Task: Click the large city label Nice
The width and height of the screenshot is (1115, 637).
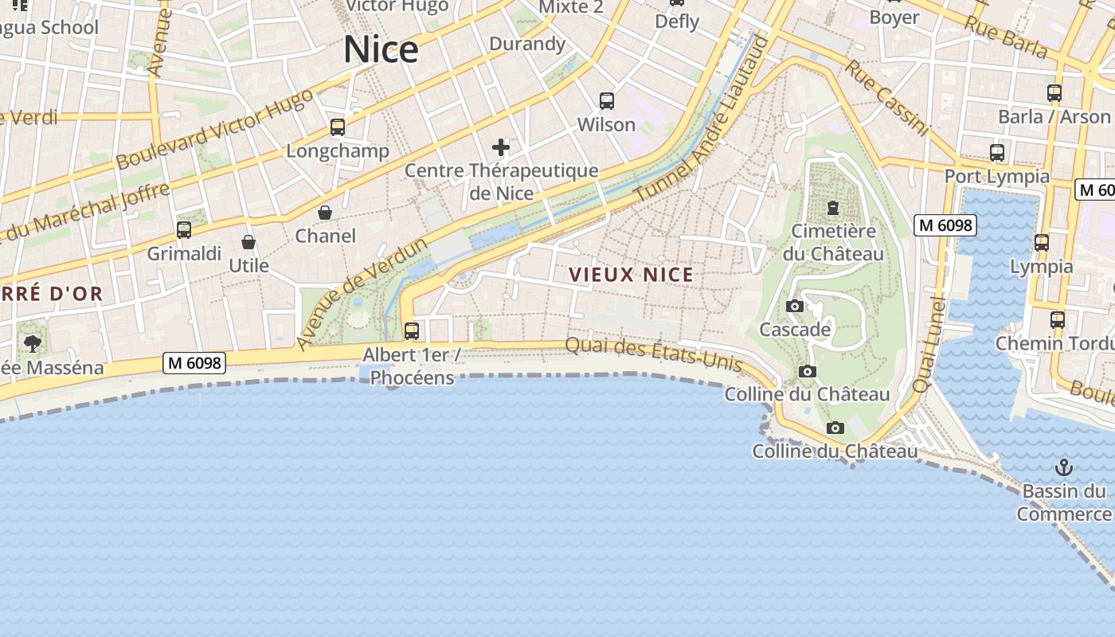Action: tap(381, 49)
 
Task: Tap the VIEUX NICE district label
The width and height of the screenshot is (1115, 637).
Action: tap(631, 275)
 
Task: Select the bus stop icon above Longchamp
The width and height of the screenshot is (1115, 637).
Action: tap(338, 127)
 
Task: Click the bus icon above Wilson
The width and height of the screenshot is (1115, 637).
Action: tap(607, 101)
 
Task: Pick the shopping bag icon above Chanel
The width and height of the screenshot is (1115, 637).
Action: tap(325, 213)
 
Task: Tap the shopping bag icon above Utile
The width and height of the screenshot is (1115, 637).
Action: tap(248, 242)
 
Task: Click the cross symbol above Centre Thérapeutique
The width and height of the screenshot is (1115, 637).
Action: tap(501, 147)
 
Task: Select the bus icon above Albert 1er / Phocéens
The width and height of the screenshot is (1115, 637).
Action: tap(412, 330)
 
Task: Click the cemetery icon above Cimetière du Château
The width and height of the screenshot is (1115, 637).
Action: tap(833, 208)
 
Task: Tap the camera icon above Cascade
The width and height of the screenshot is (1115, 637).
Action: tap(794, 307)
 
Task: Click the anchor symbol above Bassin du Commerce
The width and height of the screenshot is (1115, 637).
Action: tap(1064, 467)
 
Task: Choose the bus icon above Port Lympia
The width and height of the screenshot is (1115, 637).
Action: tap(996, 153)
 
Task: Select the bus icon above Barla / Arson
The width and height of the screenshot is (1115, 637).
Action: tap(1054, 93)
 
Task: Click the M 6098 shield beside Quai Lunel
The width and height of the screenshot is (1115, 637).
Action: tap(945, 225)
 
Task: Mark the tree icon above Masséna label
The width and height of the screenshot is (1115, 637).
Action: tap(33, 344)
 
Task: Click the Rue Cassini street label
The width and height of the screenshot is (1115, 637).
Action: tap(886, 97)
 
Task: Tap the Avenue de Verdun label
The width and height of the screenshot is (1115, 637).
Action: tap(362, 292)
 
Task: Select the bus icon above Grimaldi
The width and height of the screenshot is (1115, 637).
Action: tap(184, 230)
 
